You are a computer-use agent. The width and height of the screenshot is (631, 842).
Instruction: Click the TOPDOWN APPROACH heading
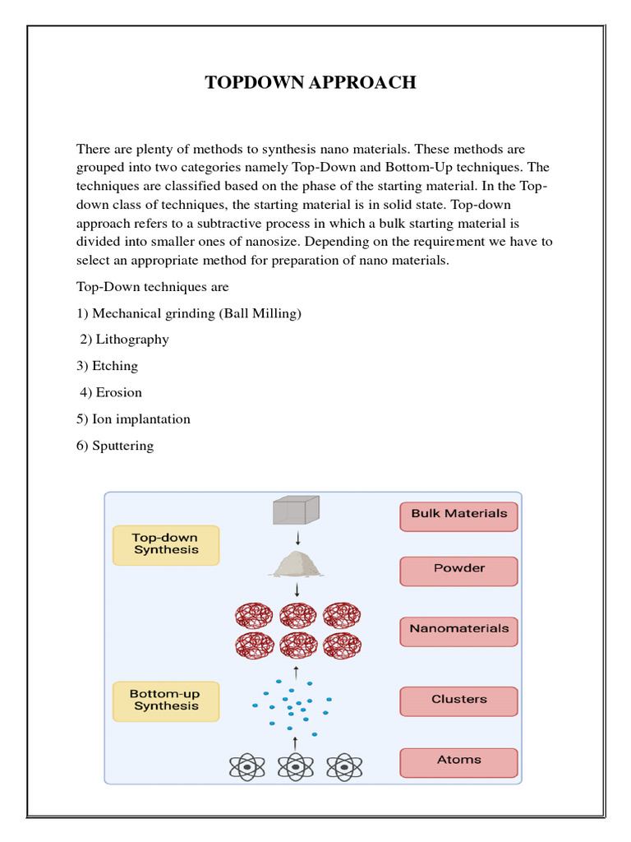coord(311,82)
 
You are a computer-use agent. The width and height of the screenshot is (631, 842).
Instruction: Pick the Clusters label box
coord(459,701)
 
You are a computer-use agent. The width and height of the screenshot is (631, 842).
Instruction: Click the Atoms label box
coord(459,761)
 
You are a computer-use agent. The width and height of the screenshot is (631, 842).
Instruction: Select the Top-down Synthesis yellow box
coord(166,545)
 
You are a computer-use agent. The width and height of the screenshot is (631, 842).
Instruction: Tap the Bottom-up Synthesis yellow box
coord(166,701)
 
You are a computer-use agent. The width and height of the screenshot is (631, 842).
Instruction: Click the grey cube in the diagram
coord(296,510)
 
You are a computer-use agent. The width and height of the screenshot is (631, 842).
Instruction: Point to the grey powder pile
coord(296,564)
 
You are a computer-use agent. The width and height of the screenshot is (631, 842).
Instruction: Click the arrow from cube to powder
coord(296,537)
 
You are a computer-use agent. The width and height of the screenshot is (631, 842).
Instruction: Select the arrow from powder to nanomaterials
coord(296,590)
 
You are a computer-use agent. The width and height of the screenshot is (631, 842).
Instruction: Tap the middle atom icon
coord(296,766)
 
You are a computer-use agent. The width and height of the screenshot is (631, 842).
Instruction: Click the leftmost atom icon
coord(246,766)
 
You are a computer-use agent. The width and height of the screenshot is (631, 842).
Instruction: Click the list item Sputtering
coord(123,446)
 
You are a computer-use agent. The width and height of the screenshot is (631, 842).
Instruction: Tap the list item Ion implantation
coord(141,419)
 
